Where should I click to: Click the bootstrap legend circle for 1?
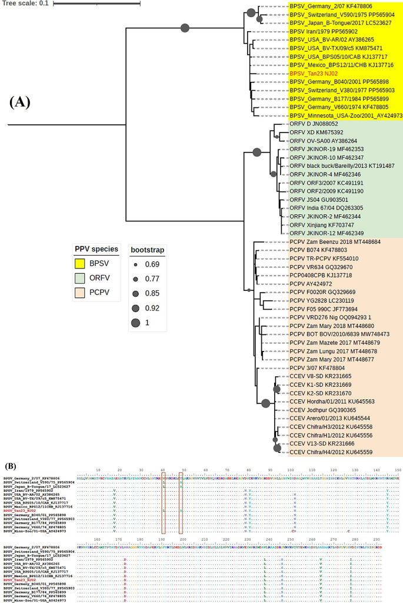(136, 322)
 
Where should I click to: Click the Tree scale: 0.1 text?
(25, 4)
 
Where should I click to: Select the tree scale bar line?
(96, 4)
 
